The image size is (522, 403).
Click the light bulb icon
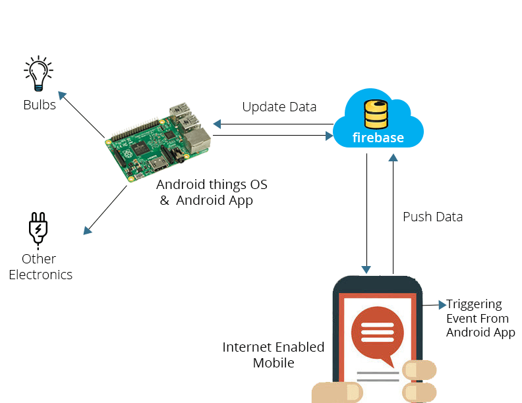point(39,73)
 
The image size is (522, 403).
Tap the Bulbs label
point(40,105)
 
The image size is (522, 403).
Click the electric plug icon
point(38,228)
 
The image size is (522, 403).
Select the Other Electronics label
point(40,267)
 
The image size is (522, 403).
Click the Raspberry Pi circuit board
point(158,142)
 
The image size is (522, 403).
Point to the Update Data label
point(279,107)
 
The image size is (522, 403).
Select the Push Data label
point(432,217)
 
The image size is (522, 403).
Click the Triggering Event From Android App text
point(480,318)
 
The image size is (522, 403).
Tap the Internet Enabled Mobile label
point(274,354)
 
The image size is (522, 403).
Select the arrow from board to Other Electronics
point(105,209)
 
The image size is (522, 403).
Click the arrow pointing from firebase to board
point(274,124)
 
